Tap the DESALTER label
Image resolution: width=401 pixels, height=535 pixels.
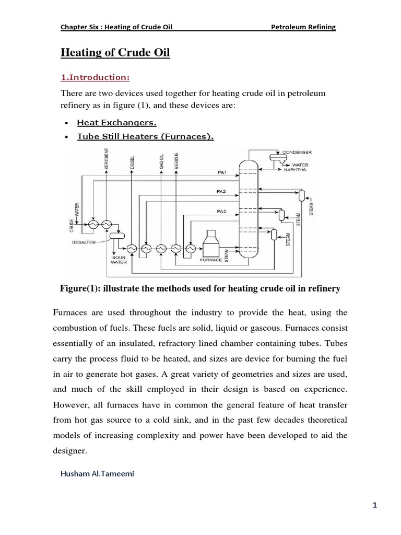(84, 242)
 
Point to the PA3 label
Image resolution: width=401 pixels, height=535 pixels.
(222, 211)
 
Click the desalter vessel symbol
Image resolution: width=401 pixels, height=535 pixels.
(117, 236)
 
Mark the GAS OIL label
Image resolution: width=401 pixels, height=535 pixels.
(161, 162)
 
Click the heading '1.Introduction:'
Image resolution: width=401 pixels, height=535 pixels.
(95, 77)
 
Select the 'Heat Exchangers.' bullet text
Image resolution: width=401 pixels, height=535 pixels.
(116, 123)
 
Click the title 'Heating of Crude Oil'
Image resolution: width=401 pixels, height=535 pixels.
(115, 53)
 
